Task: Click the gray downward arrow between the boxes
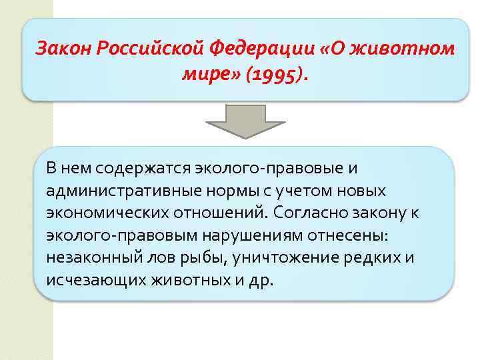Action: coord(245,121)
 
